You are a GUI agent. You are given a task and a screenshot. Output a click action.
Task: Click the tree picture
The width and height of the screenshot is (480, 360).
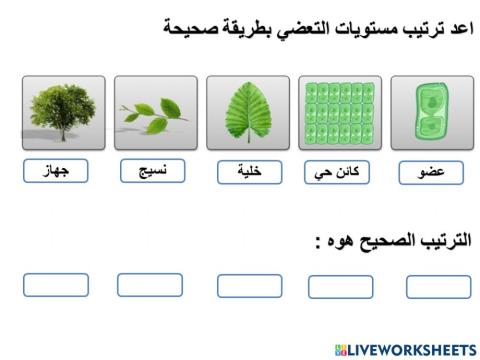62,113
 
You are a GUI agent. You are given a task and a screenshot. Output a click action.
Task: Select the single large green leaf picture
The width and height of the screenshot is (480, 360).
248,113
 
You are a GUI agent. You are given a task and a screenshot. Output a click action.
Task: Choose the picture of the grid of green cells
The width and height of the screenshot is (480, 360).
340,113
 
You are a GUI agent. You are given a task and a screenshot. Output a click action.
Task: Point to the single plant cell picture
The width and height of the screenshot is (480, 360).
431,113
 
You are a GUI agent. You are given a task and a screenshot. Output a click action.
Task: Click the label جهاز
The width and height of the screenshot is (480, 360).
55,171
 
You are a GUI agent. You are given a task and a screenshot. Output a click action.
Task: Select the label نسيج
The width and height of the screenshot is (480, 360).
151,171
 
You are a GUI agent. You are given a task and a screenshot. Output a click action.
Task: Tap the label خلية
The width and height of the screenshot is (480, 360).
249,171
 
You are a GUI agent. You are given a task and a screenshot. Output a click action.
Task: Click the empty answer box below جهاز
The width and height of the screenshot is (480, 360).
55,285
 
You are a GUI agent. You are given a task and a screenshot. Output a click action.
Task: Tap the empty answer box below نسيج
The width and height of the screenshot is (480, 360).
150,285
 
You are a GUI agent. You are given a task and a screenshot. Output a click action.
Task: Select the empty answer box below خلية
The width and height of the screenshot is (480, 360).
249,286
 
